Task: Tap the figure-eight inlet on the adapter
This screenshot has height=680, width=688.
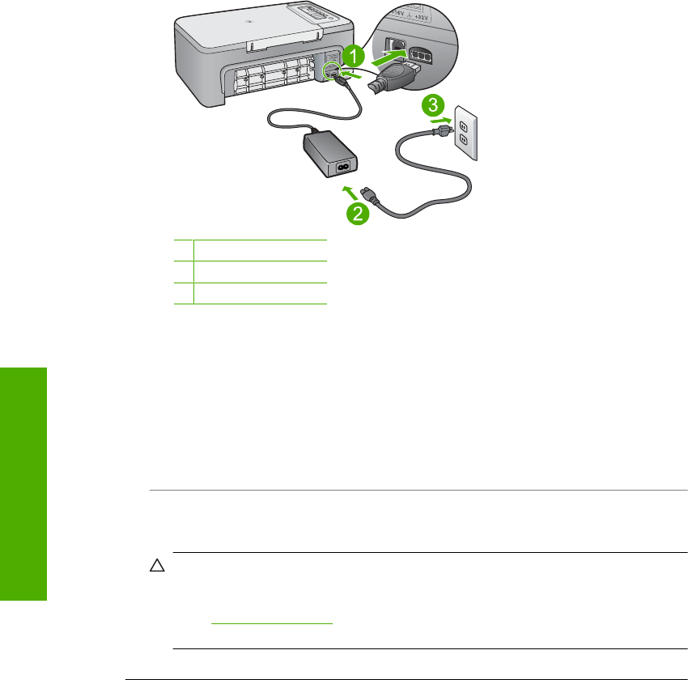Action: click(343, 168)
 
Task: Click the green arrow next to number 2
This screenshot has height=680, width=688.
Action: click(349, 192)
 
